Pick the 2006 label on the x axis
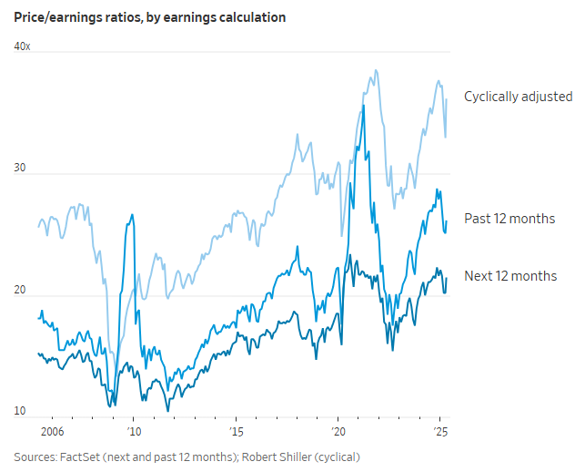click(51, 432)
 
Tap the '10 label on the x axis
click(133, 432)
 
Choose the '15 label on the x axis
click(236, 432)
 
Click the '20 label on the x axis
click(338, 432)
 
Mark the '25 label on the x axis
click(440, 432)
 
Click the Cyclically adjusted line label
click(518, 96)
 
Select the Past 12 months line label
click(509, 219)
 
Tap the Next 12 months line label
click(510, 275)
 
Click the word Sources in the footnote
click(34, 456)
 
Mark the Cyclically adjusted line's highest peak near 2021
click(374, 70)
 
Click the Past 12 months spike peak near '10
click(133, 215)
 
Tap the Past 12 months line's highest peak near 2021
click(364, 106)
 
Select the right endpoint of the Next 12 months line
click(447, 278)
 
